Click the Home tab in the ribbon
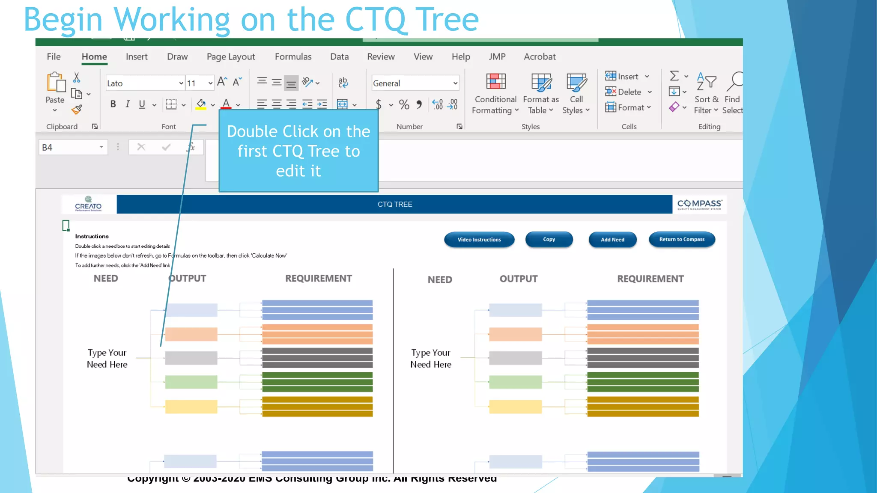click(x=94, y=56)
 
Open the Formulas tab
click(x=293, y=56)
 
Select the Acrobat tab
click(x=540, y=56)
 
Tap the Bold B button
click(x=113, y=104)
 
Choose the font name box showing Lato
click(x=142, y=83)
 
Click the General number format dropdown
click(x=415, y=83)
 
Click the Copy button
click(x=549, y=240)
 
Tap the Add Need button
click(x=612, y=240)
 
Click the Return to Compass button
click(x=681, y=240)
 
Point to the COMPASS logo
click(x=699, y=204)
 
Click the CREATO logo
click(x=88, y=204)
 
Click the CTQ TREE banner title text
click(x=394, y=205)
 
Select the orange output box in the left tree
click(x=191, y=334)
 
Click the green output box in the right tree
click(x=515, y=382)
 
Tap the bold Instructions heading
click(x=92, y=236)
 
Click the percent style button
click(x=404, y=104)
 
